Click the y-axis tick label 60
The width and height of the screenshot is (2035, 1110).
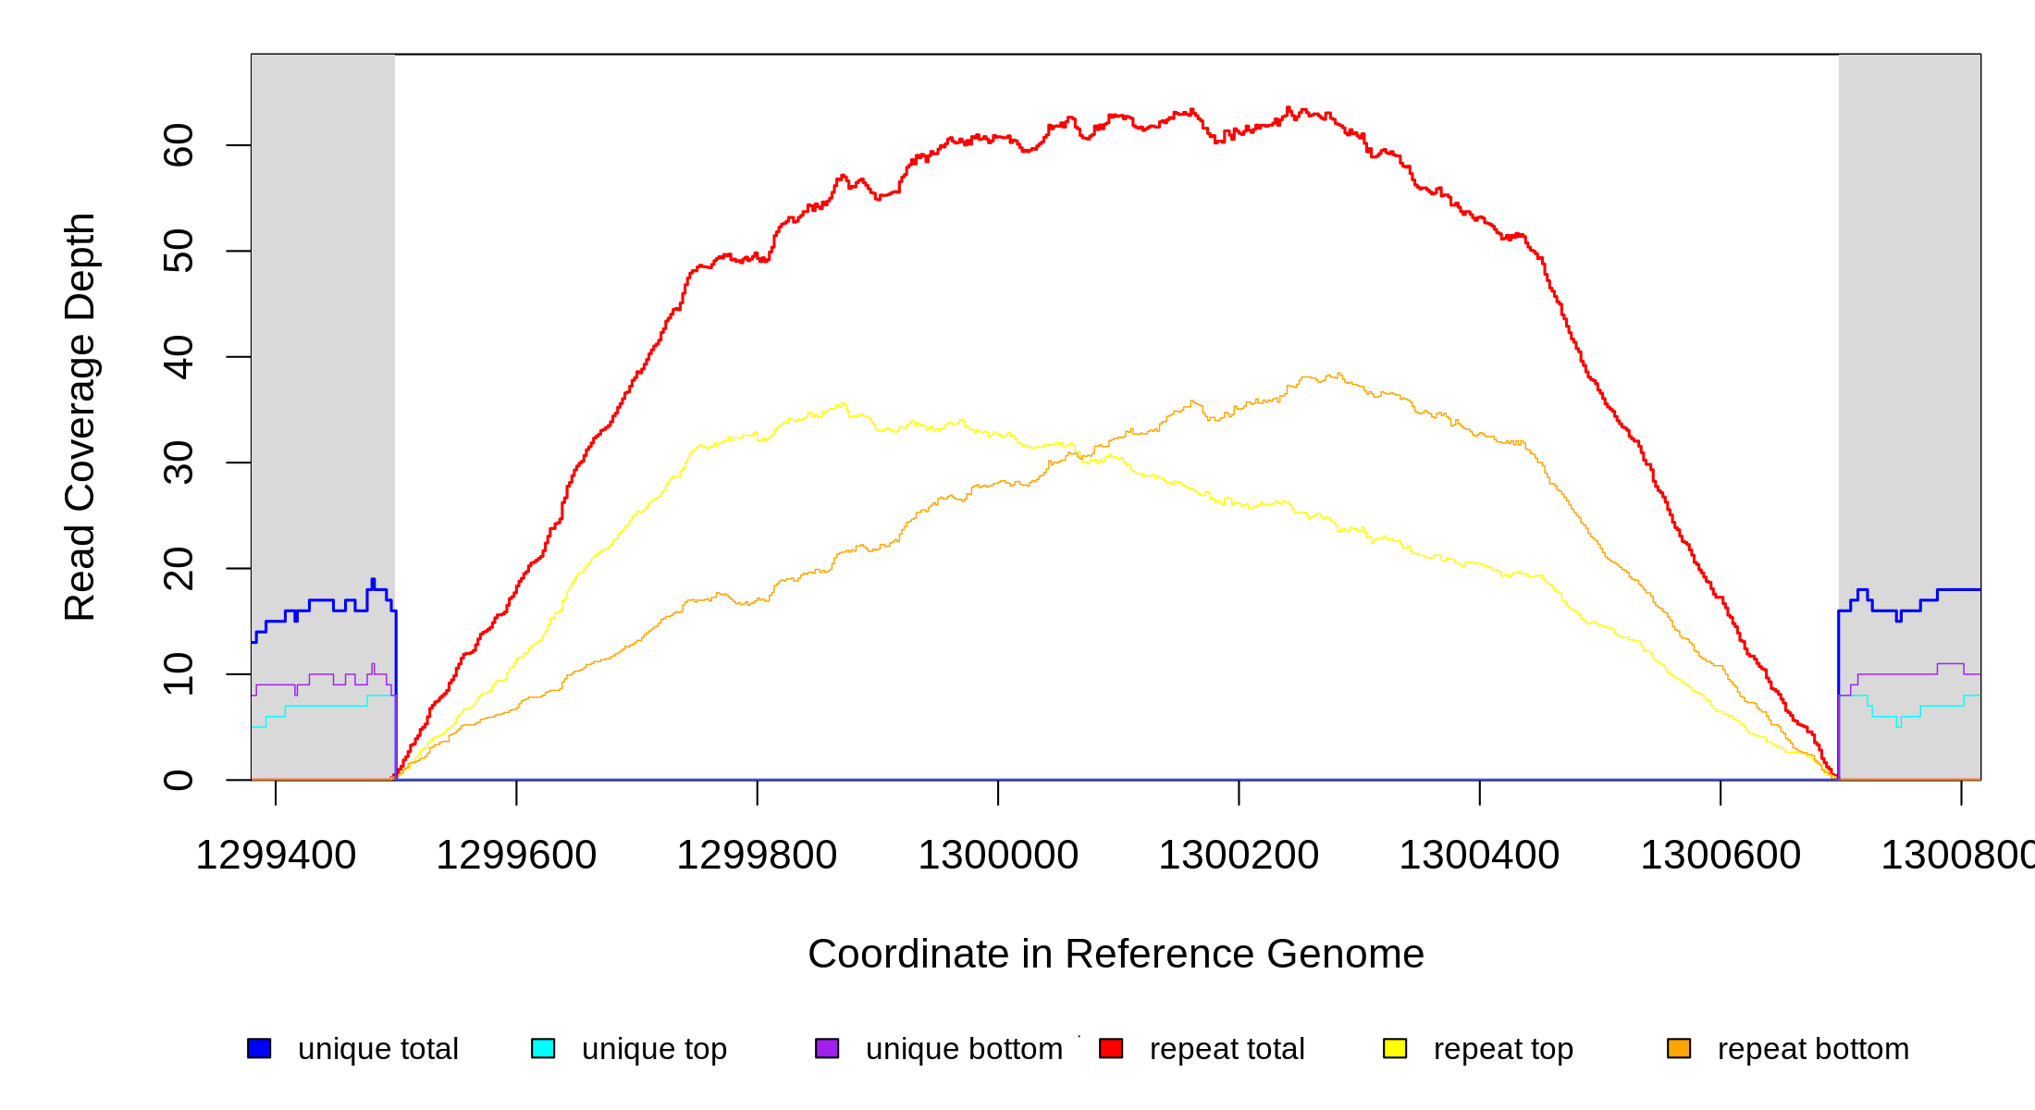click(x=178, y=145)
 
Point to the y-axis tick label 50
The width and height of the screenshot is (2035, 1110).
click(x=178, y=251)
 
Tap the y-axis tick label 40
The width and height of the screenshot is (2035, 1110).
click(x=178, y=357)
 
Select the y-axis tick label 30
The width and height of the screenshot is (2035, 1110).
click(x=178, y=462)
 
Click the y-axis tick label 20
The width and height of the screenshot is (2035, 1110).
click(x=178, y=568)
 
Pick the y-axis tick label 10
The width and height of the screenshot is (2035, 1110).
click(x=178, y=674)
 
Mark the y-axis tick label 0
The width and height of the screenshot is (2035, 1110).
click(x=178, y=780)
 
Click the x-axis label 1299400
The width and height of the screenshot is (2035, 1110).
click(x=276, y=855)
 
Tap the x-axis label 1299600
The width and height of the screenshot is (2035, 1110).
click(x=516, y=855)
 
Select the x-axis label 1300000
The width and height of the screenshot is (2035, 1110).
click(x=998, y=855)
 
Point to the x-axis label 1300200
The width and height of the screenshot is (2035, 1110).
click(x=1239, y=855)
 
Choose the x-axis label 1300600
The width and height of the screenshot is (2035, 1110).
click(x=1720, y=855)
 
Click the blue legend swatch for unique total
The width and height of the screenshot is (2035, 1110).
click(x=259, y=1048)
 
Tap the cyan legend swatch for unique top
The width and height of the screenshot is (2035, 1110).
click(x=543, y=1048)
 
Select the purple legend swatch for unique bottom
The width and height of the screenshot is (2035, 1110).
click(x=827, y=1048)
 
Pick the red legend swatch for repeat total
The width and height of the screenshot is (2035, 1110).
click(x=1111, y=1048)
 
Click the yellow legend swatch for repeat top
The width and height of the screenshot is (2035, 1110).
click(x=1395, y=1048)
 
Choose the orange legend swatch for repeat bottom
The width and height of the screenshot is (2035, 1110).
click(x=1679, y=1048)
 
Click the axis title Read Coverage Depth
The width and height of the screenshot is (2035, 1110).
click(x=80, y=416)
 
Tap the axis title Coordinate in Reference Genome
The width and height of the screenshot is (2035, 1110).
click(x=1116, y=954)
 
